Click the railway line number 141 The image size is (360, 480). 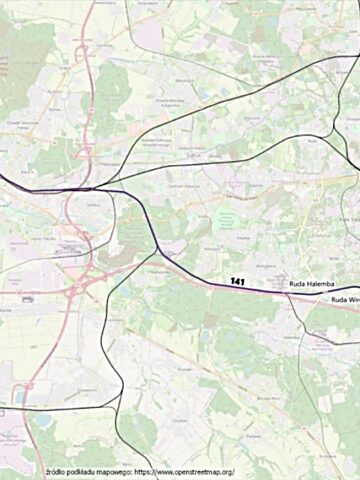(x=237, y=281)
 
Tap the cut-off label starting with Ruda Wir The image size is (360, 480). (x=344, y=299)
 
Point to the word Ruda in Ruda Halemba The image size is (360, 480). (x=296, y=285)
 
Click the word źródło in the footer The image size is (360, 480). (x=57, y=471)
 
